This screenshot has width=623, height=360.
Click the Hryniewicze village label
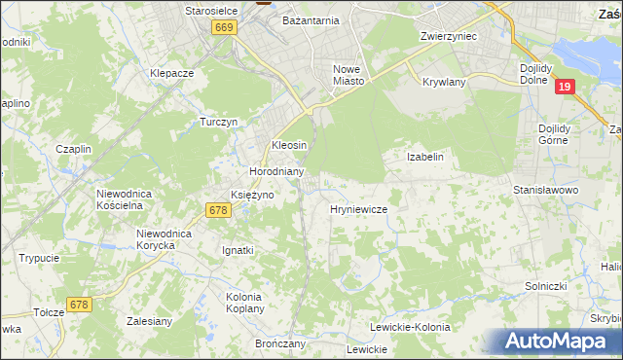(359, 209)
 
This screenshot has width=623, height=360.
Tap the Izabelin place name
(424, 156)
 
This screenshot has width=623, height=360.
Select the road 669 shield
(224, 28)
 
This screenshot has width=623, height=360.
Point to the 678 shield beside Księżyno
(218, 210)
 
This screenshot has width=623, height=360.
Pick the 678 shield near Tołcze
(80, 305)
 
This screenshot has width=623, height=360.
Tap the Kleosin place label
(289, 145)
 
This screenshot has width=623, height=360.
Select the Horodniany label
(277, 171)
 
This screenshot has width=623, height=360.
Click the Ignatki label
(238, 250)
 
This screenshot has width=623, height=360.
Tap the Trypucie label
(39, 258)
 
